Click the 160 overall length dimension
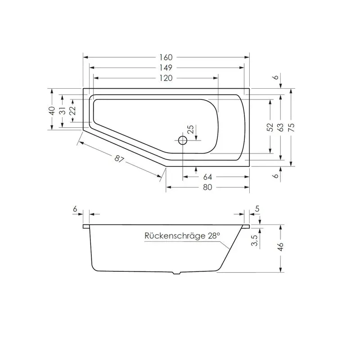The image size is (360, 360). pyautogui.click(x=166, y=58)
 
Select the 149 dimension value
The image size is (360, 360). pyautogui.click(x=166, y=68)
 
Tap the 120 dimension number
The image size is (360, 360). pyautogui.click(x=166, y=78)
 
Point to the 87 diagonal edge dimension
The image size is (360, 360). pyautogui.click(x=119, y=159)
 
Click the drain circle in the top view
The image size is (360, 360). pyautogui.click(x=183, y=140)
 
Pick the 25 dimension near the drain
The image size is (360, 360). pyautogui.click(x=190, y=130)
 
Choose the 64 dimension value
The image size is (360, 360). pyautogui.click(x=207, y=177)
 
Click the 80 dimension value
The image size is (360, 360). pyautogui.click(x=207, y=187)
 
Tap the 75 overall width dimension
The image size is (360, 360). pyautogui.click(x=291, y=127)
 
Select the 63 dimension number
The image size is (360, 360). pyautogui.click(x=280, y=127)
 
